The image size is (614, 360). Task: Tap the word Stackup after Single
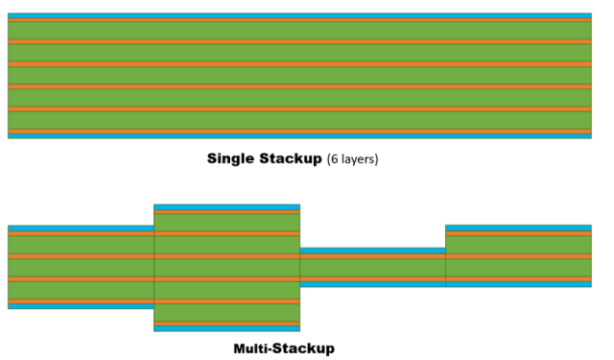point(291,158)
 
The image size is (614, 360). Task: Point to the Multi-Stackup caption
point(284,348)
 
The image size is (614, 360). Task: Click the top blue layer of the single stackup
point(299,16)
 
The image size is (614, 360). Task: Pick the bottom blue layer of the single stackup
point(299,135)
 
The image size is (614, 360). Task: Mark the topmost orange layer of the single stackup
point(299,21)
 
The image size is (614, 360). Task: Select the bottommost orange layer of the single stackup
point(299,131)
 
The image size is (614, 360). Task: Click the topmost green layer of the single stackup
point(299,31)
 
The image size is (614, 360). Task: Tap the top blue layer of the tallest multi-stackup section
point(227,207)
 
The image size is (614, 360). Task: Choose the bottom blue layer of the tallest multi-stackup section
point(227,328)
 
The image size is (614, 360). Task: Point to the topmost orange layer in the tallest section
point(227,212)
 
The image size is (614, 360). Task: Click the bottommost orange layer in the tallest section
point(227,323)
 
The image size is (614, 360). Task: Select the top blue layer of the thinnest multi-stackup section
point(372,251)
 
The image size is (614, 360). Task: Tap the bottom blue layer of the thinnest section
point(372,284)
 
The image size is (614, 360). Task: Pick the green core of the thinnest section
point(372,268)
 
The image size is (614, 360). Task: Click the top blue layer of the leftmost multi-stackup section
point(81,228)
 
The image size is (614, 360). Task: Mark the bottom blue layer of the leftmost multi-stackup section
point(81,306)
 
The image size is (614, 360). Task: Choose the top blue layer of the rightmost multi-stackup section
point(518,228)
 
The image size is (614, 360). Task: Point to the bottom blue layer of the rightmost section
point(518,284)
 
